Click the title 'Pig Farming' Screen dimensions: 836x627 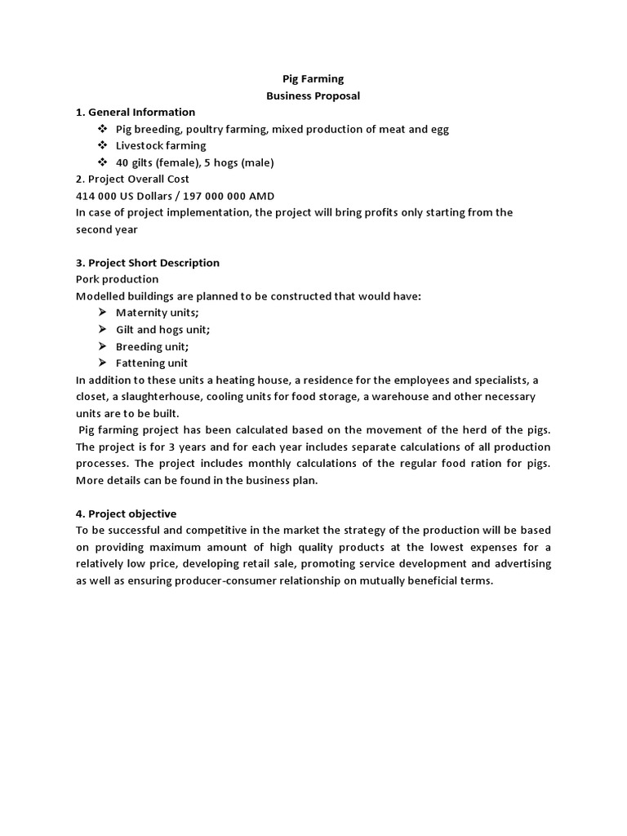[313, 79]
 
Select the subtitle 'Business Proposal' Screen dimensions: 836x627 [313, 96]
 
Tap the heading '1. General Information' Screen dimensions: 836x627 [136, 112]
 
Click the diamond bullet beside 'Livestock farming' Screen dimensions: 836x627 [102, 145]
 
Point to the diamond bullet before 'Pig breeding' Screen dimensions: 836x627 [102, 129]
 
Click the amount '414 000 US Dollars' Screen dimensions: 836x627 [123, 196]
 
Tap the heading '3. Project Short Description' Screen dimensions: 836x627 [148, 263]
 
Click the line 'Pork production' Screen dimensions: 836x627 [117, 279]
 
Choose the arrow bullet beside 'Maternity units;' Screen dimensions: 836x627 [102, 313]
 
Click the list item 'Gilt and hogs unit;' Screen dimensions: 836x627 [162, 330]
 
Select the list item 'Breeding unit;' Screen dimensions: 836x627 [152, 346]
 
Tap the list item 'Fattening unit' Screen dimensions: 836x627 [151, 363]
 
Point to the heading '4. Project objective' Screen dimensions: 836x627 [126, 514]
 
